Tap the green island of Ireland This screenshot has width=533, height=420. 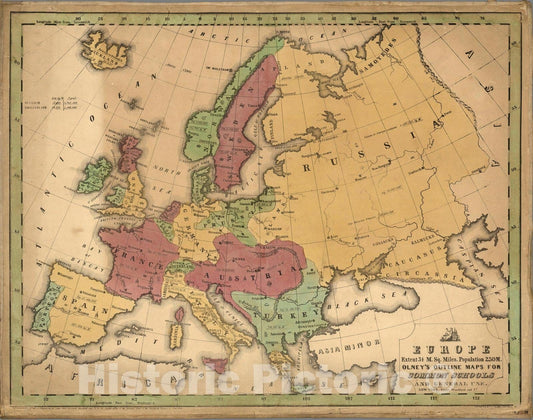(x=95, y=174)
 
